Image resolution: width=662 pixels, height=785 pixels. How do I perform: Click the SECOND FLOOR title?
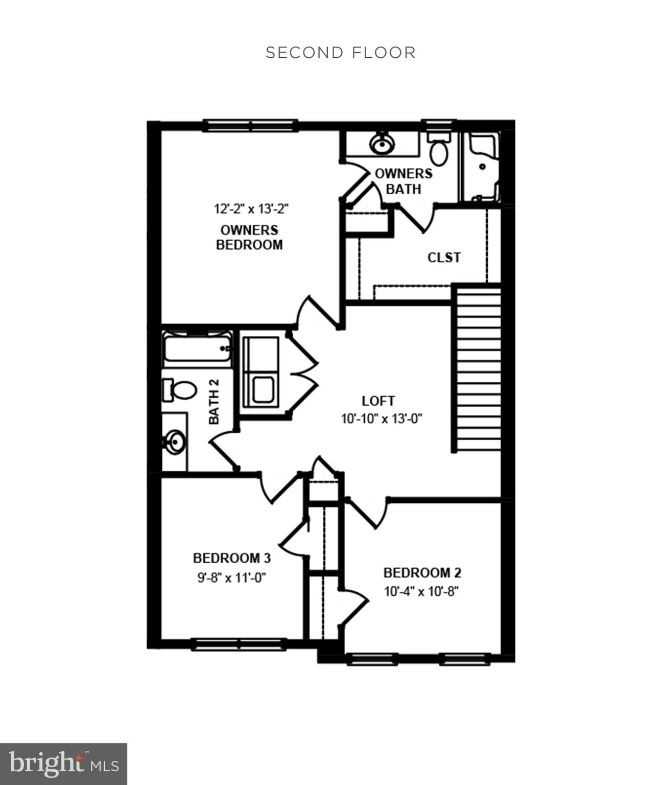click(x=341, y=53)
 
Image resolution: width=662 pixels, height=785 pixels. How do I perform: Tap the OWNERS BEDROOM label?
click(x=249, y=237)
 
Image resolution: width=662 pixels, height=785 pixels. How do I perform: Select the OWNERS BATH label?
click(x=404, y=181)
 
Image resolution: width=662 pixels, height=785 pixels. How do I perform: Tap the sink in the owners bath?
click(x=382, y=144)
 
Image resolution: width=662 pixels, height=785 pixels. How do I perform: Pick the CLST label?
click(x=444, y=258)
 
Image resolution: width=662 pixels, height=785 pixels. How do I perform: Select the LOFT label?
click(x=378, y=401)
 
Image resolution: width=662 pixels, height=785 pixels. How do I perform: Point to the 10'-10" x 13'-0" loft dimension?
click(x=381, y=419)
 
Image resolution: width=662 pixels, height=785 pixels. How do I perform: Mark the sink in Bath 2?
click(x=175, y=441)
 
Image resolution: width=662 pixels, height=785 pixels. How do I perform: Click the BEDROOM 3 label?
click(x=231, y=558)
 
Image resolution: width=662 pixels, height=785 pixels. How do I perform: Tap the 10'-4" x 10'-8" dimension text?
click(x=421, y=591)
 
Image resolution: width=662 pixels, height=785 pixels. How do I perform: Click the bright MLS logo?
click(x=63, y=764)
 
